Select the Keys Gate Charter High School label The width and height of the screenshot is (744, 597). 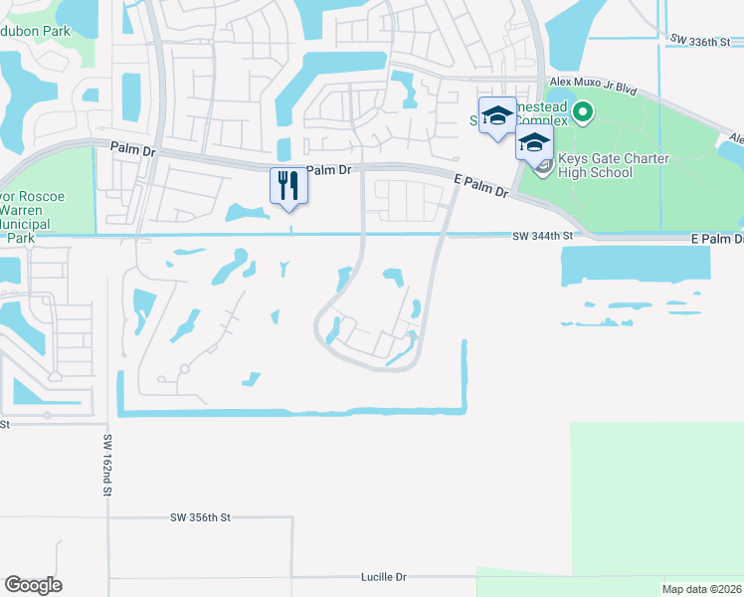[x=597, y=165]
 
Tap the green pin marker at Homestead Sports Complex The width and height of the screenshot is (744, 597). [x=583, y=113]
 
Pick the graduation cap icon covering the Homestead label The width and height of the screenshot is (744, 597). [x=496, y=116]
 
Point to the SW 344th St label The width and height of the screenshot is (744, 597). [x=544, y=236]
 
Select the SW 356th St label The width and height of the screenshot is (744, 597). [x=200, y=517]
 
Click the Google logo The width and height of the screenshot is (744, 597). [x=33, y=585]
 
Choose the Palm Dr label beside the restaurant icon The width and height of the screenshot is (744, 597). [x=329, y=170]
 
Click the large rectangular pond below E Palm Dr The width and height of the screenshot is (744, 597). [x=636, y=263]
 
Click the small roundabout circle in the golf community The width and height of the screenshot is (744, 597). [x=184, y=369]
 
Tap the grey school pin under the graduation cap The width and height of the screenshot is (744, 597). [x=541, y=165]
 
